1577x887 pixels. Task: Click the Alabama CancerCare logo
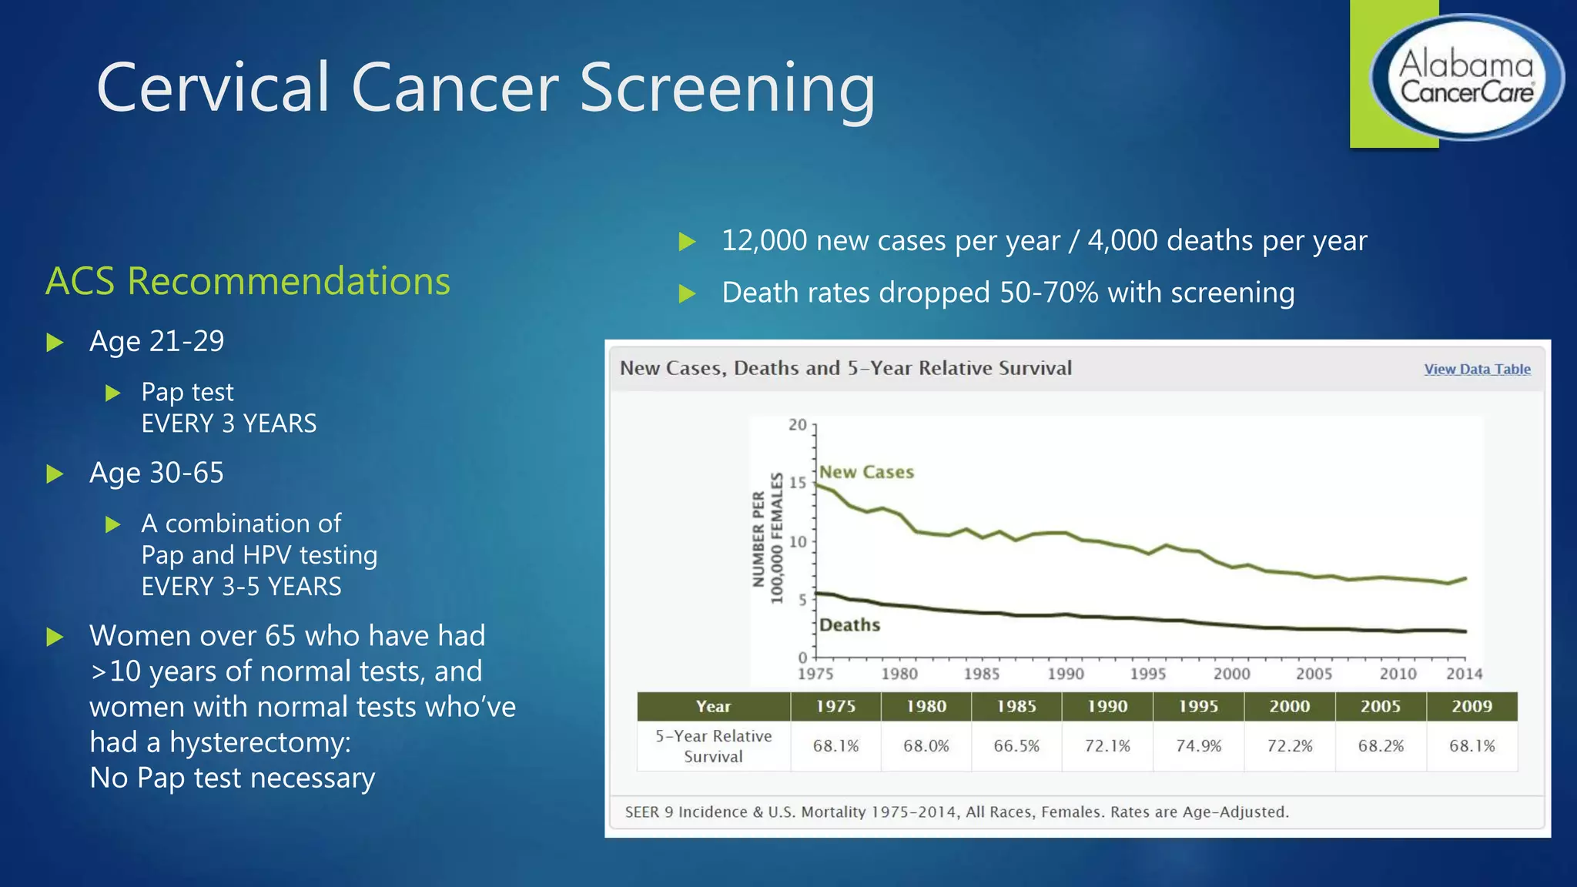pos(1466,77)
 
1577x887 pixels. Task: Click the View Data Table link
pos(1477,369)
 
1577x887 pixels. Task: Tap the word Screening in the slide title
pos(727,89)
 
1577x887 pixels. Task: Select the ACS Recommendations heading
pos(248,281)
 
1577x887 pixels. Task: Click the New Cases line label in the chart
pos(866,472)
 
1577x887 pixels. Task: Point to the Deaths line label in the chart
pos(849,624)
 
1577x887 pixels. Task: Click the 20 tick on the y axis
pos(798,425)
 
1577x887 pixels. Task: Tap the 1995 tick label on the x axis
pos(1148,674)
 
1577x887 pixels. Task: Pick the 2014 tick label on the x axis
pos(1464,674)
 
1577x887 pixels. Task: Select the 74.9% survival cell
pos(1198,745)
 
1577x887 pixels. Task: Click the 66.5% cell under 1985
pos(1016,745)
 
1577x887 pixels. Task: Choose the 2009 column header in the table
pos(1472,706)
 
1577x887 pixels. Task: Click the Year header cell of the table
pos(713,706)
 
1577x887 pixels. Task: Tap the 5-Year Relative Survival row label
pos(713,745)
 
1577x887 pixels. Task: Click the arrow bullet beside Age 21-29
pos(55,342)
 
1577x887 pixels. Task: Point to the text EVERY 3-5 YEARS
pos(241,587)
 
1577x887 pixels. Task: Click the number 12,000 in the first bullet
pos(765,241)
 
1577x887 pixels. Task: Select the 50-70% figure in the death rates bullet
pos(1049,293)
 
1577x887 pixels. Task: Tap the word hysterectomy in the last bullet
pos(259,742)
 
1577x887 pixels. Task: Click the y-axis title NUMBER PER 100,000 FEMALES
pos(767,538)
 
